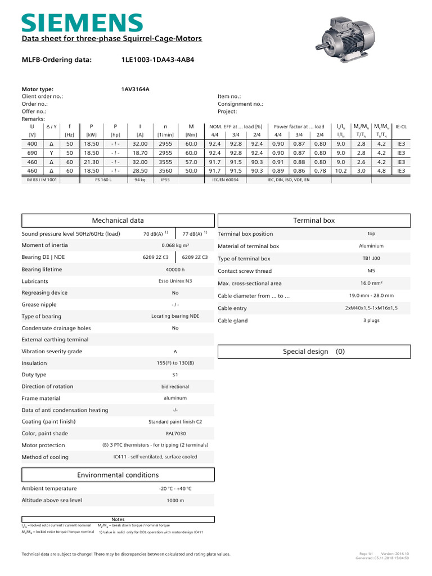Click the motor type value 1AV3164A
(135, 89)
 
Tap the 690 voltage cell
(32, 152)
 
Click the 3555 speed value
(165, 161)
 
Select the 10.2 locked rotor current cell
(341, 170)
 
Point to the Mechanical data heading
(118, 220)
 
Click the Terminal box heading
(314, 220)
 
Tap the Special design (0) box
(314, 352)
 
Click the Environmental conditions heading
(118, 475)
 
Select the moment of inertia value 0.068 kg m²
(175, 245)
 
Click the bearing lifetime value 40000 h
(175, 269)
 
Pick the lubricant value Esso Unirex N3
(175, 281)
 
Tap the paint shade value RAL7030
(175, 434)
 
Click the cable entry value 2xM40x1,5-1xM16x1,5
(371, 308)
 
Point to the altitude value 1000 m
(175, 500)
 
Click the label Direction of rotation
(47, 386)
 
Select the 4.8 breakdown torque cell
(381, 170)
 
